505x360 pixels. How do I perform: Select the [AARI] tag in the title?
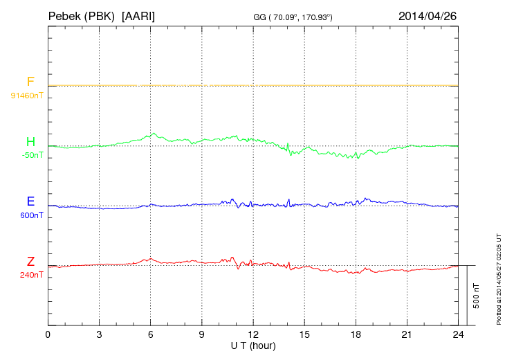click(138, 15)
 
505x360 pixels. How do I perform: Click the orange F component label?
click(30, 82)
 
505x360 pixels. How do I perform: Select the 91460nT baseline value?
click(26, 95)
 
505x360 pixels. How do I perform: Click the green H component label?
click(30, 142)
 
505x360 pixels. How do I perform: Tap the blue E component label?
click(30, 201)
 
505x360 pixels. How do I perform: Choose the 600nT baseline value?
click(31, 215)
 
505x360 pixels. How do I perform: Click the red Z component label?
click(30, 262)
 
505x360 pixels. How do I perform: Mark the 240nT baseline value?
click(31, 275)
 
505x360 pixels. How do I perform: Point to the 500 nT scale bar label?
click(476, 296)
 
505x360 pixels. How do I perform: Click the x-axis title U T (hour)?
click(253, 345)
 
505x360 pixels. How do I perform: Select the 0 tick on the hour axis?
click(48, 335)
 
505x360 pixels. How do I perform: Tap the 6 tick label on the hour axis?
click(151, 335)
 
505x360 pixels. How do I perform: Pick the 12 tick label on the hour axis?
click(253, 335)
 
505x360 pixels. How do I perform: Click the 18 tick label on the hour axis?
click(356, 335)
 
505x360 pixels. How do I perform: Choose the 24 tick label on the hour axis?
click(459, 335)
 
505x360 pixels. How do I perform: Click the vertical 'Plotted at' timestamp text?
click(498, 277)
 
